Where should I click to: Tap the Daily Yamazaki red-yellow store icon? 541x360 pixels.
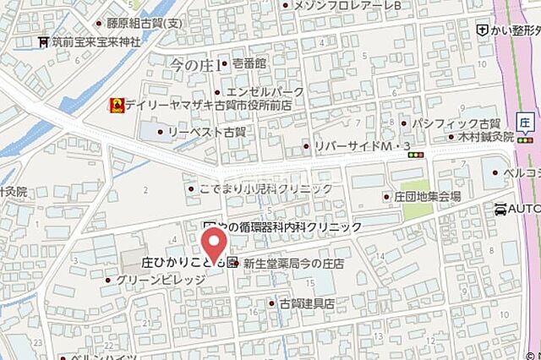115,106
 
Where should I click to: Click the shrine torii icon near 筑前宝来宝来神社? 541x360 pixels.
42,41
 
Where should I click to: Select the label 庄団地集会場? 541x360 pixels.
427,196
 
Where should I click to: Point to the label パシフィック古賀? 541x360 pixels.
456,123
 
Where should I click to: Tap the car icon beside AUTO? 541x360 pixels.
502,208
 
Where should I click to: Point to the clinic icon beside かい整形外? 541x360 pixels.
482,30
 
